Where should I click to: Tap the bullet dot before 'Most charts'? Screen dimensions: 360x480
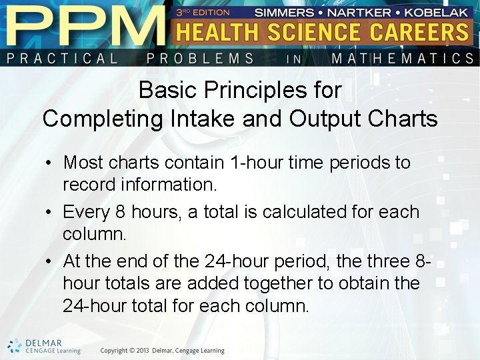tap(50, 163)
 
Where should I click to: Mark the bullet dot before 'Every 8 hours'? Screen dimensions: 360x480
tap(50, 213)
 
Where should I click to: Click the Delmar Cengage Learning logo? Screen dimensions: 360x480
tap(44, 346)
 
